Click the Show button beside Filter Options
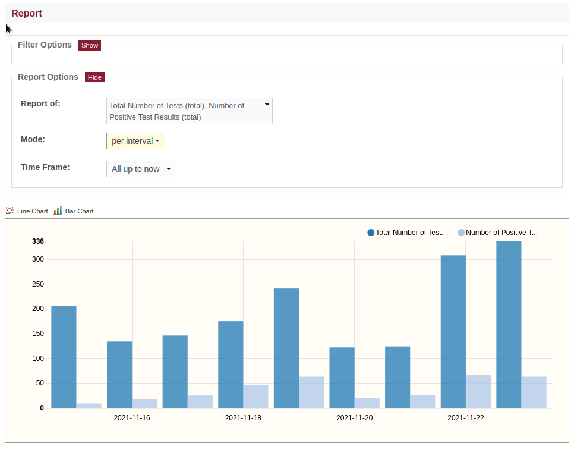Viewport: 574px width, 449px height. pyautogui.click(x=90, y=45)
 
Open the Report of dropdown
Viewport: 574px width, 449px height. pyautogui.click(x=190, y=111)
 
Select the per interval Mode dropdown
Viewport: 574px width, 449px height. pyautogui.click(x=135, y=141)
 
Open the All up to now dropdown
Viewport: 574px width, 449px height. pyautogui.click(x=141, y=169)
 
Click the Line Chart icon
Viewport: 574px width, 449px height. pyautogui.click(x=10, y=211)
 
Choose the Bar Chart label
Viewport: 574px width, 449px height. pyautogui.click(x=80, y=211)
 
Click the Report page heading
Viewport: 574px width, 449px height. pyautogui.click(x=27, y=13)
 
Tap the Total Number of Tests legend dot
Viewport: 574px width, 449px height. pyautogui.click(x=371, y=233)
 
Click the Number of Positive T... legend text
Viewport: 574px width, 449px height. pyautogui.click(x=502, y=233)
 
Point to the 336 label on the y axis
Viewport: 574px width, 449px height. pyautogui.click(x=37, y=241)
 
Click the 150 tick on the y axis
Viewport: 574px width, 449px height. pyautogui.click(x=37, y=334)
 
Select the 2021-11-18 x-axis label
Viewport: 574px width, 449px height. pyautogui.click(x=243, y=418)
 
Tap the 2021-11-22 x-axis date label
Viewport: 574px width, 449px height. pyautogui.click(x=466, y=418)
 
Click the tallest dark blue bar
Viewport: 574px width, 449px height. pyautogui.click(x=509, y=325)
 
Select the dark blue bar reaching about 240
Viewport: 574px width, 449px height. pyautogui.click(x=286, y=348)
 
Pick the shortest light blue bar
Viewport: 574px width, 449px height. pyautogui.click(x=89, y=406)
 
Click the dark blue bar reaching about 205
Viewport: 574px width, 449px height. pyautogui.click(x=64, y=357)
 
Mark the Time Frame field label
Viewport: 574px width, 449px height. pyautogui.click(x=45, y=167)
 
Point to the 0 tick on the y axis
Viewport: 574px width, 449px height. pyautogui.click(x=42, y=408)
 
